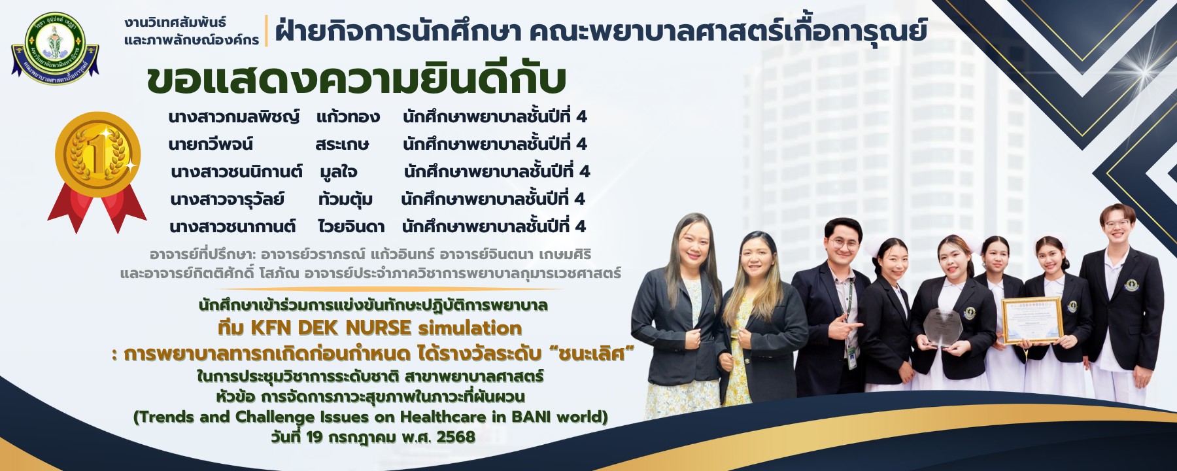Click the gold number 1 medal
coord(97,155)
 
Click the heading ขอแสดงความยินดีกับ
coord(356,79)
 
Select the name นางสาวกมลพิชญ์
coord(233,116)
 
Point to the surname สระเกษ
coord(342,144)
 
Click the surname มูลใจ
coord(338,172)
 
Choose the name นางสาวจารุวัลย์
coord(227,199)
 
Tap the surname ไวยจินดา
coord(351,226)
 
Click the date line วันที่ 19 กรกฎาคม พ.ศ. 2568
coord(373,437)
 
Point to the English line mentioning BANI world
coord(371,417)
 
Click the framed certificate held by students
coord(1032,321)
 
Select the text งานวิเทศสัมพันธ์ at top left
coord(175,22)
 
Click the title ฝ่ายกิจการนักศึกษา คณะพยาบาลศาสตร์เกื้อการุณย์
coord(601,30)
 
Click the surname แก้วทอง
coord(348,116)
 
